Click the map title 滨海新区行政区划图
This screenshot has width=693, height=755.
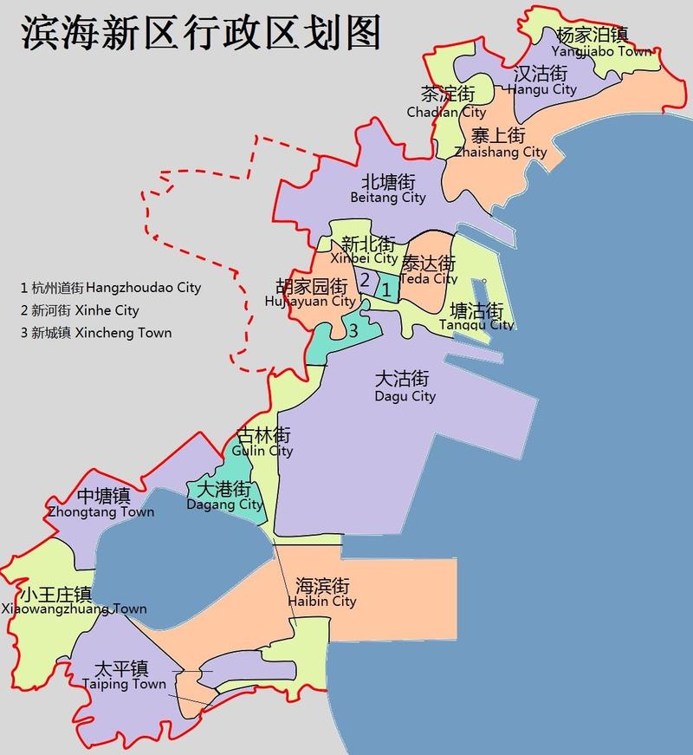pos(199,34)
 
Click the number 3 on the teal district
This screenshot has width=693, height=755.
pos(353,329)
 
